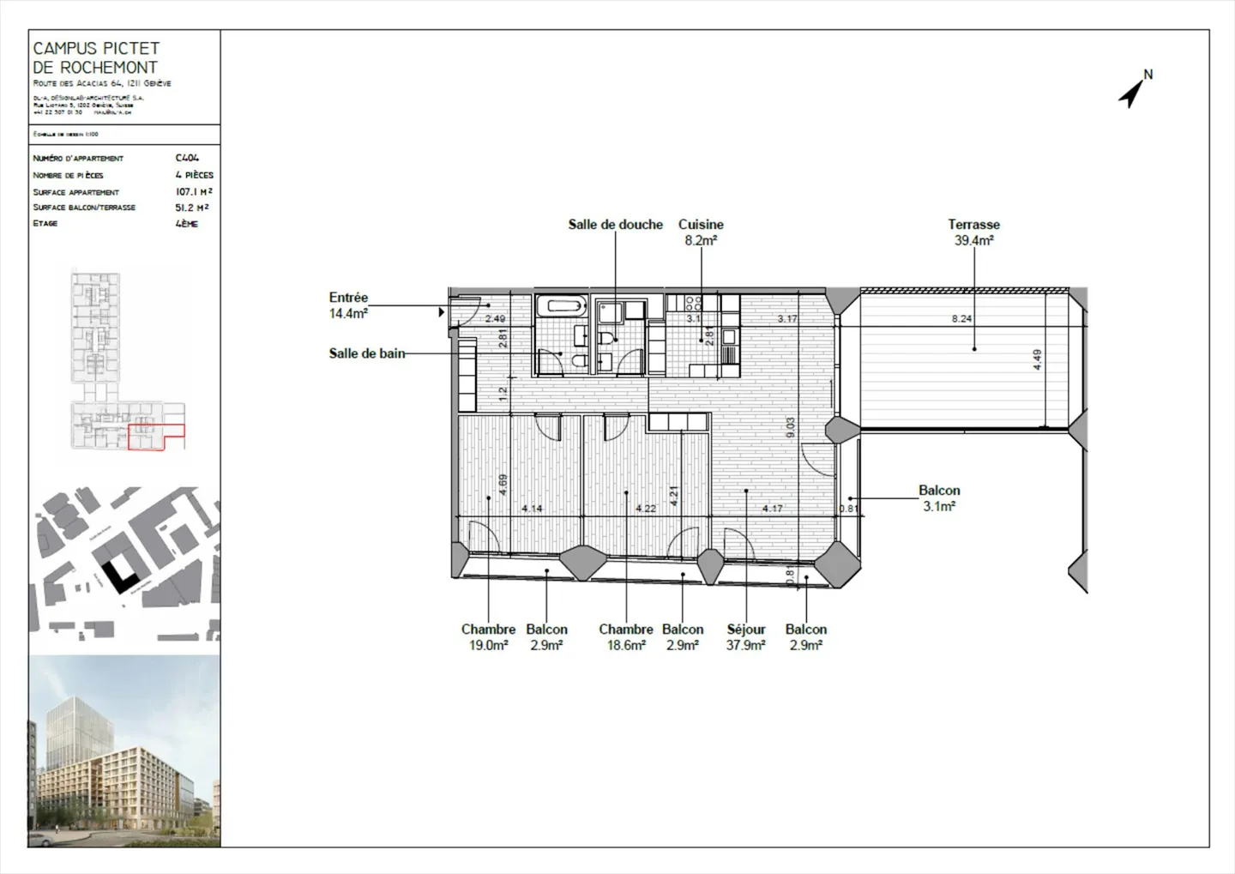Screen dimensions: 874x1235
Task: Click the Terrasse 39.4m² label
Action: pyautogui.click(x=973, y=232)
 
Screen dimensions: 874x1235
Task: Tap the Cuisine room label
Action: pyautogui.click(x=701, y=232)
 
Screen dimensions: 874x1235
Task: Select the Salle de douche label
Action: pyautogui.click(x=615, y=225)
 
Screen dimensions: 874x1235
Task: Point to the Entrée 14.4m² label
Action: pyautogui.click(x=348, y=305)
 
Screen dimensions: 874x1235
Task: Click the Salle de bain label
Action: pyautogui.click(x=366, y=353)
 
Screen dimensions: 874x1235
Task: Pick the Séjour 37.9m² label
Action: pyautogui.click(x=745, y=637)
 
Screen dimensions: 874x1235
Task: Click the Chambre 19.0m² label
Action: pyautogui.click(x=488, y=637)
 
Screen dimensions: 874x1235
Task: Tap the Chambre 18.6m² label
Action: pyautogui.click(x=626, y=637)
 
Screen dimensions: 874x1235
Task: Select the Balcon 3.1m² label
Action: pyautogui.click(x=939, y=498)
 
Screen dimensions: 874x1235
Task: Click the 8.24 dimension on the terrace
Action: pyautogui.click(x=961, y=319)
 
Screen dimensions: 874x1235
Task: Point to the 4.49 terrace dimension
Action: pyautogui.click(x=1037, y=359)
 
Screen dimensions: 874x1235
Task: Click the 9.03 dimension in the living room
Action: pyautogui.click(x=790, y=427)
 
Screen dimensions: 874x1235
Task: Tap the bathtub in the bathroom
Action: pyautogui.click(x=561, y=305)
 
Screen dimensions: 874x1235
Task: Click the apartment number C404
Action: pyautogui.click(x=187, y=158)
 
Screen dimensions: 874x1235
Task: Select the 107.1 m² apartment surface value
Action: pyautogui.click(x=194, y=191)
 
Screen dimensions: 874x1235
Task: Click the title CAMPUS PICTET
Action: pyautogui.click(x=96, y=49)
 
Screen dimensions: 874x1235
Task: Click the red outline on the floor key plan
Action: pyautogui.click(x=156, y=437)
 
